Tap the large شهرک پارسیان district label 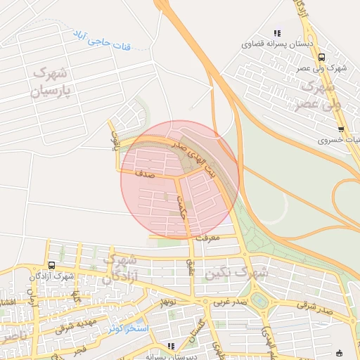49,82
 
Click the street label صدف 143,169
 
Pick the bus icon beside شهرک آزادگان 51,265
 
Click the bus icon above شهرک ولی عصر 321,58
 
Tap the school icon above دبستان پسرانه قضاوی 277,32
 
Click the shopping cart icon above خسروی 341,129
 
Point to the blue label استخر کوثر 129,328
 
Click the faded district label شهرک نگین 250,271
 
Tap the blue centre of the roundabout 262,302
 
